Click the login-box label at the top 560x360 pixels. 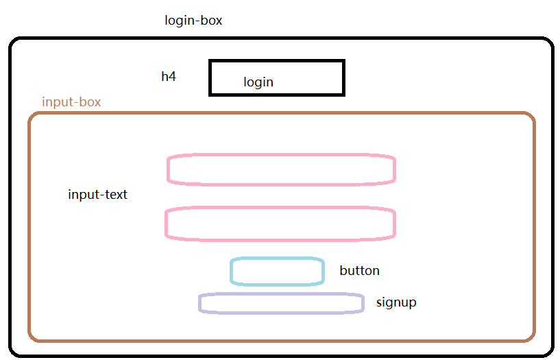pos(193,21)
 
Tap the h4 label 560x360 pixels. pos(169,76)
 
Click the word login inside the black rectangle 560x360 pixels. pos(258,82)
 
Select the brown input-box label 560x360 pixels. pos(71,102)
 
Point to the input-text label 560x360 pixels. pos(97,195)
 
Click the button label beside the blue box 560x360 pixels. pos(359,271)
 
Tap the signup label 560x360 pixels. pos(396,302)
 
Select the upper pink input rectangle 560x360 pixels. pos(281,169)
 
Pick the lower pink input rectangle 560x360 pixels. pos(280,224)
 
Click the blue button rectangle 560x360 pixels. pos(277,272)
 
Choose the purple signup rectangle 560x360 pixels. pos(281,303)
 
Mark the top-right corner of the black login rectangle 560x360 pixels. pos(343,62)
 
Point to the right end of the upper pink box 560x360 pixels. pos(395,169)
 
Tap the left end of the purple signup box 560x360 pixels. pos(200,303)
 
